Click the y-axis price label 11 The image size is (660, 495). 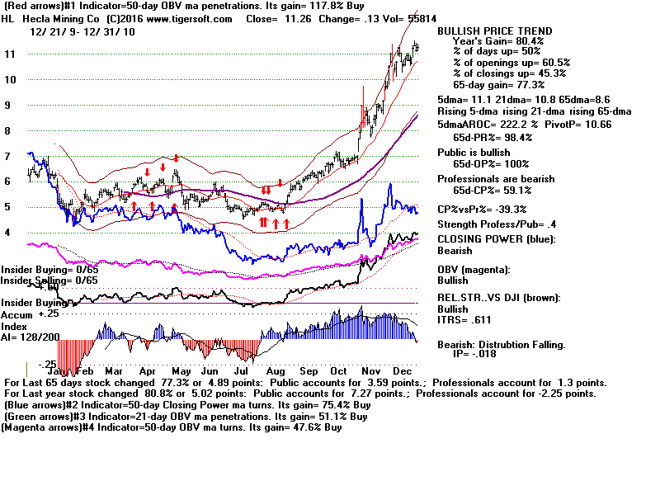tap(10, 54)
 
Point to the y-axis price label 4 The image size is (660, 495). tap(7, 233)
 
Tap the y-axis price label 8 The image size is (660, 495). tap(7, 130)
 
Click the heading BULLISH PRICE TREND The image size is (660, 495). tap(494, 31)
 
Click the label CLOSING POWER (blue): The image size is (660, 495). tap(496, 240)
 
